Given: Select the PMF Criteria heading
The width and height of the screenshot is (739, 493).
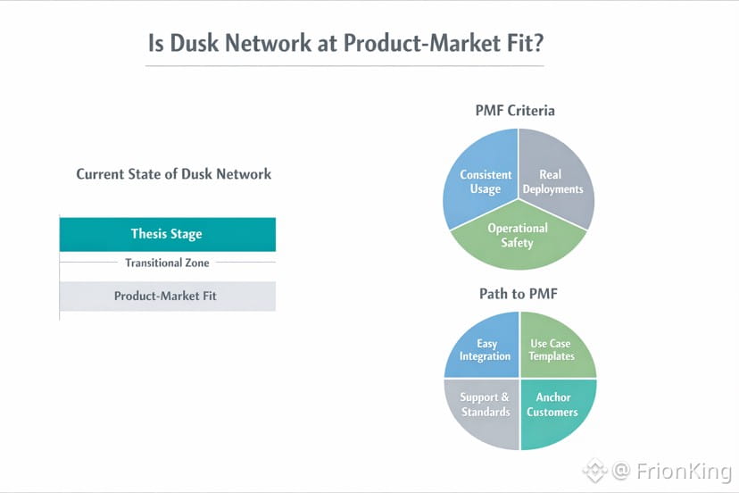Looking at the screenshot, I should (x=514, y=111).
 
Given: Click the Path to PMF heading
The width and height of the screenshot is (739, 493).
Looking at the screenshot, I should (x=518, y=293).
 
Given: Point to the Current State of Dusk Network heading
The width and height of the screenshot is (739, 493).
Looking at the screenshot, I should (x=173, y=174).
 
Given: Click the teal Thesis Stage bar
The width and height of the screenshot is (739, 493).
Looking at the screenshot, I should (x=167, y=234).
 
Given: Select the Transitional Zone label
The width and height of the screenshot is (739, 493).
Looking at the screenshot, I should (x=167, y=263).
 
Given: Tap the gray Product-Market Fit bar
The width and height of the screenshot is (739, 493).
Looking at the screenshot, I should (x=167, y=296).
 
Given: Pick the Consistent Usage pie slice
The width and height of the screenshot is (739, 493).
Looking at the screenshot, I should (x=485, y=181).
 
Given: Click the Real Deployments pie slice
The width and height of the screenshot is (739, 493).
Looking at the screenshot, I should (x=553, y=181).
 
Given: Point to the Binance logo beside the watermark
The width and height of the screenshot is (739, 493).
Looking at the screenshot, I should (x=594, y=470).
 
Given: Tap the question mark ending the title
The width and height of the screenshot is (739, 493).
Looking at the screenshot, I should (x=538, y=44).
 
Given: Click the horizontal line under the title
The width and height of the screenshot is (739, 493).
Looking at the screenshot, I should (x=345, y=66).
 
